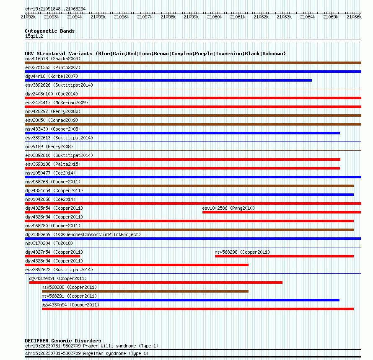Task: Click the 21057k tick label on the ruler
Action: (145, 17)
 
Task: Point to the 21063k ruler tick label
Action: (284, 17)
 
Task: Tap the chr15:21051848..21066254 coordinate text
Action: (55, 9)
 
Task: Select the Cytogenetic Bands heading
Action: (49, 31)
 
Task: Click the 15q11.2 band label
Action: (34, 36)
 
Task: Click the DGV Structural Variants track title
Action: (155, 54)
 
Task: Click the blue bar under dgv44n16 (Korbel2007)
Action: (168, 80)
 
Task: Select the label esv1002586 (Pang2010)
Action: (228, 208)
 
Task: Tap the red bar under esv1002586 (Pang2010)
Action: (281, 212)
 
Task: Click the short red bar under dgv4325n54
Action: (52, 212)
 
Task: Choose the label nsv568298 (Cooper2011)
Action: (242, 252)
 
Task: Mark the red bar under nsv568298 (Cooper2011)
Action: (284, 256)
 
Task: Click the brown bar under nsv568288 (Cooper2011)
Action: (145, 291)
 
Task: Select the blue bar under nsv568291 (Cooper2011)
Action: (190, 300)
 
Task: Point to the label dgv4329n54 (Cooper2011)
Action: (58, 278)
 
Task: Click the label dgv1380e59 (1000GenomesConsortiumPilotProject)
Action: (83, 234)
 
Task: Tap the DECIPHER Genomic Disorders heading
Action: (63, 341)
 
